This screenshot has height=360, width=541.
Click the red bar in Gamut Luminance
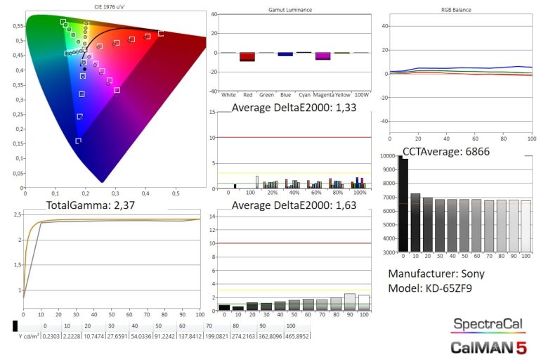[247, 57]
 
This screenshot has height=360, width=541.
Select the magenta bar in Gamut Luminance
[323, 56]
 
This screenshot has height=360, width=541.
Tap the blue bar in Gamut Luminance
[285, 54]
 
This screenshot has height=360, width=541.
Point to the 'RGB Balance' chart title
[457, 10]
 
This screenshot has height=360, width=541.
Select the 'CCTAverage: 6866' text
[446, 151]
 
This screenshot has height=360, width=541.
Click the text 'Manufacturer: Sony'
[436, 274]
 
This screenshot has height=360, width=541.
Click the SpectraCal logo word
[486, 325]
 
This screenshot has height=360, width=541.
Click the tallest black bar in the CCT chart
[403, 204]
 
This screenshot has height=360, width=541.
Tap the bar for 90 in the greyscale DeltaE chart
[349, 302]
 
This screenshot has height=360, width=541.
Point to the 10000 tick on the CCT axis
[388, 156]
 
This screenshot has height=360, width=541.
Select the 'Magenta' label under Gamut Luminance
[323, 94]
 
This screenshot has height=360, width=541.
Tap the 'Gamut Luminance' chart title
[290, 10]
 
